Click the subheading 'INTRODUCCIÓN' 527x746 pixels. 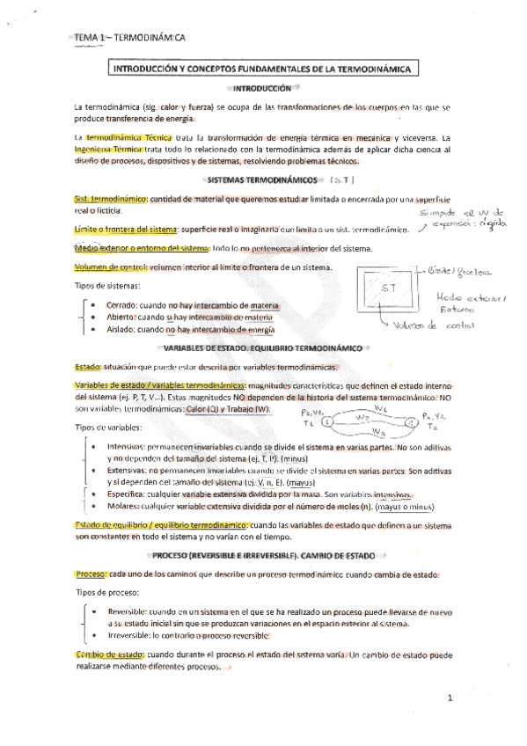[263, 89]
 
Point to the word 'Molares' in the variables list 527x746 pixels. [123, 507]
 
